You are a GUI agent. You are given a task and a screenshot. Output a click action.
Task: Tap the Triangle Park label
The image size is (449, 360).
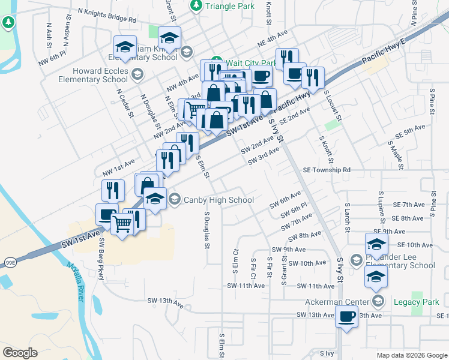229,6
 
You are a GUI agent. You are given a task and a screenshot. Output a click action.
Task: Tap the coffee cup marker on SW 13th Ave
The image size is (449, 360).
346,316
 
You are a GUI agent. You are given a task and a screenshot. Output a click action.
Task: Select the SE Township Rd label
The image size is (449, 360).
326,170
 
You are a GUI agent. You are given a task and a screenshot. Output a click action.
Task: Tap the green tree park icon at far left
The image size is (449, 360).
8,23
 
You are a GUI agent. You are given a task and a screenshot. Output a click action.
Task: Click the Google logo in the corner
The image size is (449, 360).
20,352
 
